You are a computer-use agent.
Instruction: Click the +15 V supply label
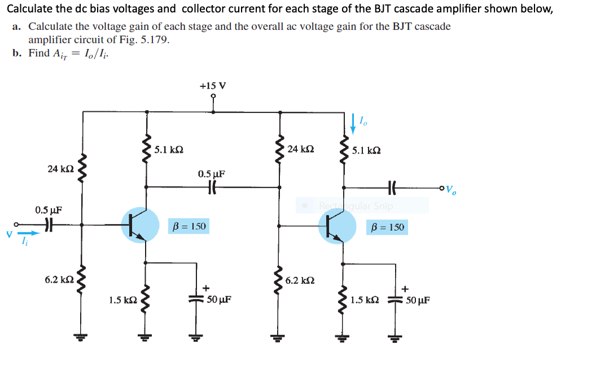[x=213, y=86]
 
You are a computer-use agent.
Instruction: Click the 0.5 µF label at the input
[x=48, y=210]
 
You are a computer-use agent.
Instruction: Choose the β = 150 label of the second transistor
[x=387, y=228]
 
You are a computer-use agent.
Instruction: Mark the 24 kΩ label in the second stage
[x=300, y=150]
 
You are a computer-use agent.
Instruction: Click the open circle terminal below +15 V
[x=213, y=96]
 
